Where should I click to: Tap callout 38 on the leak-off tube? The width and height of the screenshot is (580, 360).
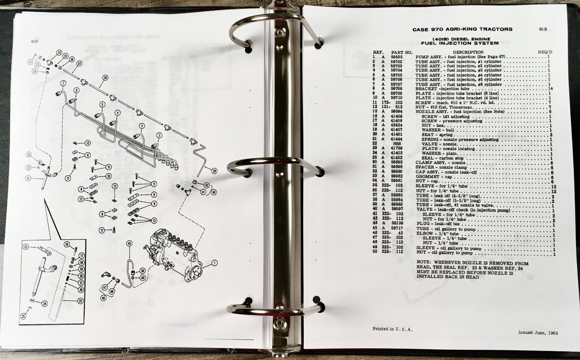tap(105, 77)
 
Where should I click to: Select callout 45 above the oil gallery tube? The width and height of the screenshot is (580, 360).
tap(129, 244)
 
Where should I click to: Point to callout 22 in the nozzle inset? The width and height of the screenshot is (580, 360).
tap(80, 301)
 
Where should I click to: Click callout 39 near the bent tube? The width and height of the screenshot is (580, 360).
tap(214, 171)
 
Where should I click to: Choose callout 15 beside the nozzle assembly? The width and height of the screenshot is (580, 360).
tap(29, 178)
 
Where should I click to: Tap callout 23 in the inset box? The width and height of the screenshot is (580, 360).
tap(25, 247)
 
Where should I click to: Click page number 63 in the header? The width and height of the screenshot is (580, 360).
tap(543, 29)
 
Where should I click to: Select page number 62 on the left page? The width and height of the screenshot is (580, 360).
tap(35, 41)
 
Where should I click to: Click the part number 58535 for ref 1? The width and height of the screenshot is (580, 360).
tap(397, 57)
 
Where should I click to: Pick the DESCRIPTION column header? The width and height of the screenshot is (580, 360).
tap(468, 52)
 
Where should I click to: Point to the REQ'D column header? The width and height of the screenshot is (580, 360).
tap(545, 52)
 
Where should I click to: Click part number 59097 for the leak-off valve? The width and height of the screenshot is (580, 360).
tap(397, 209)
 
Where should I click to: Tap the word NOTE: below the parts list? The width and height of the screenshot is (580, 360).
tap(424, 264)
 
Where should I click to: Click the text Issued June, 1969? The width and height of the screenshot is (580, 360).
tap(538, 332)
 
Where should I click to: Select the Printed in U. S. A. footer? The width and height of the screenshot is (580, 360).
tap(392, 329)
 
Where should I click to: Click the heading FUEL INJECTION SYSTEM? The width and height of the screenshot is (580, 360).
tap(460, 43)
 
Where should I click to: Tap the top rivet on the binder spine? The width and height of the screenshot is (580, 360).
tap(280, 33)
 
